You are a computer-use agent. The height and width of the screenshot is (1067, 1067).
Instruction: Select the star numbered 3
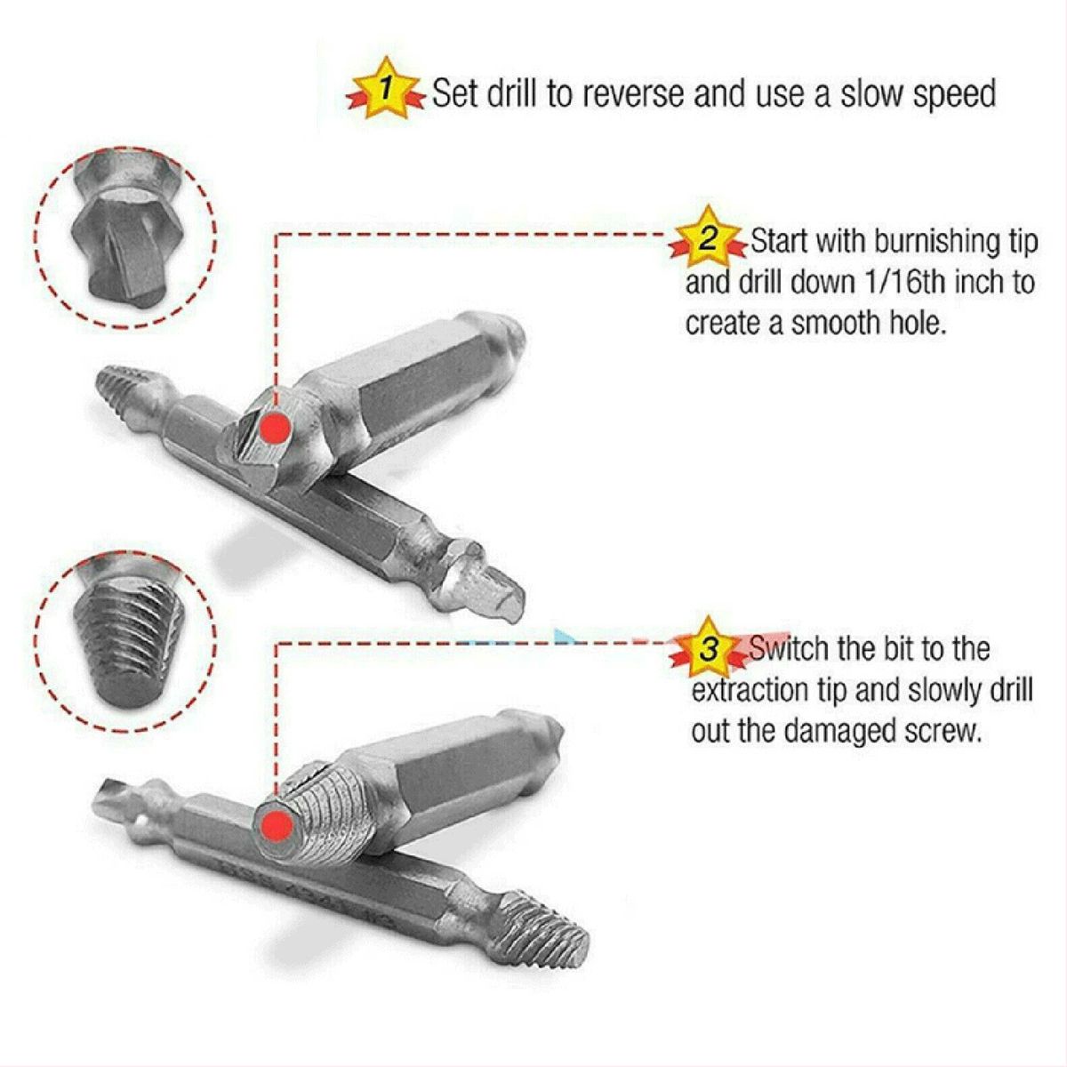coord(708,648)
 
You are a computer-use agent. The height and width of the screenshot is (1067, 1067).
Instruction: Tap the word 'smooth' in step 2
coord(833,323)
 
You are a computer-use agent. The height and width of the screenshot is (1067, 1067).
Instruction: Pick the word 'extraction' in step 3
coord(743,690)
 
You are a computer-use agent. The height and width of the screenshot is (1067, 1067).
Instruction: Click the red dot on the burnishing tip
coord(275,428)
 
